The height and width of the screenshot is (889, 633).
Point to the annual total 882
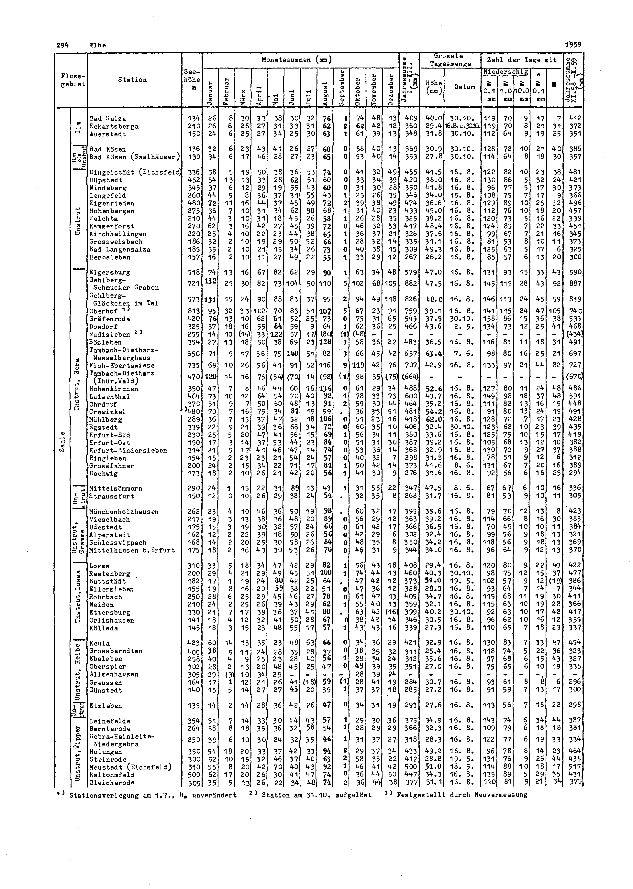tap(411, 284)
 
